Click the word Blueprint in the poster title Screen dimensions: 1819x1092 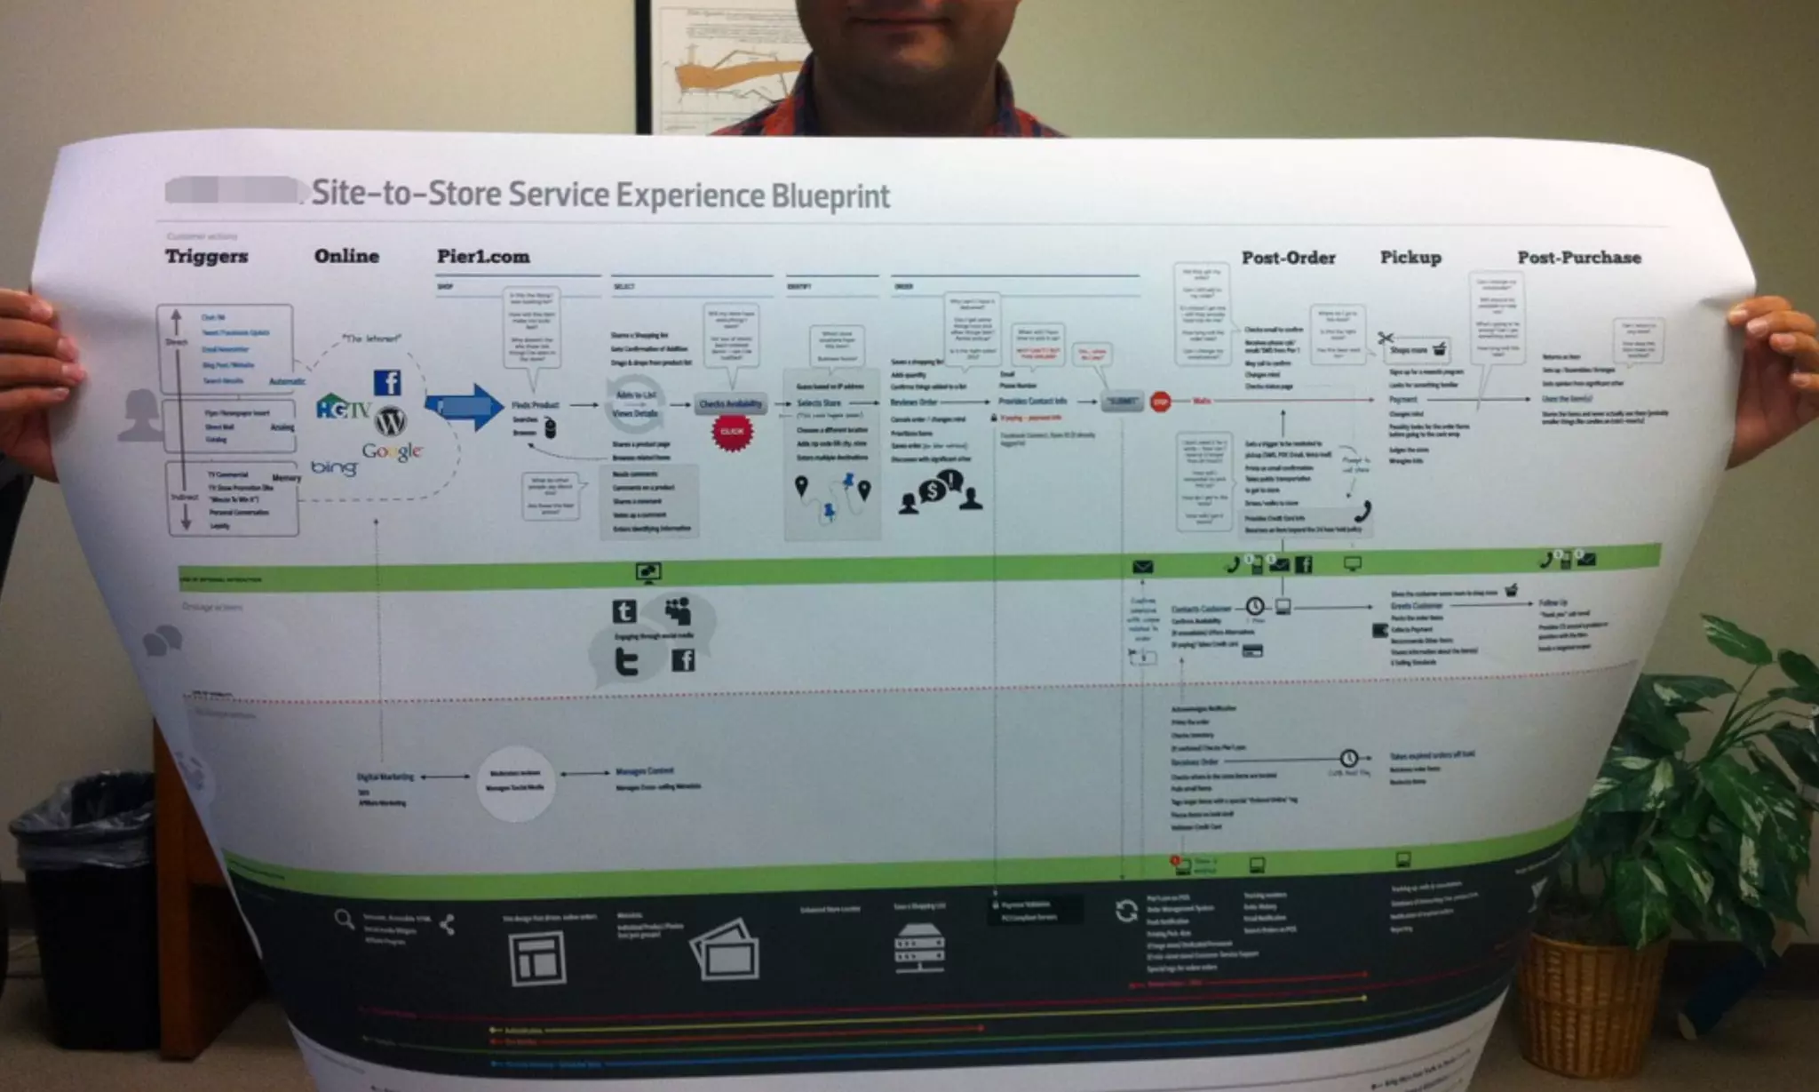coord(830,195)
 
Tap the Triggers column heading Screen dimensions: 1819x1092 coord(206,257)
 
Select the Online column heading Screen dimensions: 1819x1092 coord(346,256)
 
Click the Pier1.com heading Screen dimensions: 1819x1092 coord(483,257)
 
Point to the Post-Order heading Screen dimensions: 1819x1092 coord(1288,258)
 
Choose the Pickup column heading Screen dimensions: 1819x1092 coord(1410,258)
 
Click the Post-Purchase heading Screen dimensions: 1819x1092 coord(1578,258)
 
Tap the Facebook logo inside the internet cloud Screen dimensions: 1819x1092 coord(387,382)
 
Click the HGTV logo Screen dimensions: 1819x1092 coord(343,408)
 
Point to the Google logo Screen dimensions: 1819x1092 coord(392,451)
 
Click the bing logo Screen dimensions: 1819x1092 coord(334,466)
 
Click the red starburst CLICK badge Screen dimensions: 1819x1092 coord(732,432)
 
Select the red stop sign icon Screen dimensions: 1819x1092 coord(1160,403)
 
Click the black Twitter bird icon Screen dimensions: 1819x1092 coord(627,661)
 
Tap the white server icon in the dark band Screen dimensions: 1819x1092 coord(919,947)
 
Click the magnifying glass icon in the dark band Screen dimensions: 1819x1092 coord(344,919)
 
